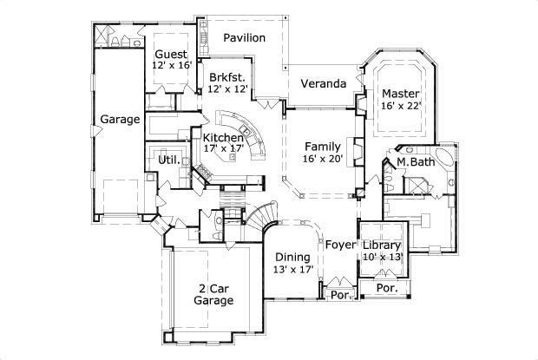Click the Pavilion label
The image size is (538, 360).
pyautogui.click(x=245, y=38)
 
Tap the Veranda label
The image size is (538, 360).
pyautogui.click(x=324, y=84)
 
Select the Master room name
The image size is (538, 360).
pyautogui.click(x=401, y=94)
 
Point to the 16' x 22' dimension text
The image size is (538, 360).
pyautogui.click(x=401, y=106)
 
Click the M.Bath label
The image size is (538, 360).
pyautogui.click(x=416, y=162)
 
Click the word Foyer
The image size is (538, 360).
pyautogui.click(x=341, y=245)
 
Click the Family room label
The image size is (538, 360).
pyautogui.click(x=324, y=146)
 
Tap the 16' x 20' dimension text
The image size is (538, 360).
pyautogui.click(x=324, y=158)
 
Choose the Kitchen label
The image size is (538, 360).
pyautogui.click(x=223, y=137)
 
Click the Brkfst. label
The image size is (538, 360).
pyautogui.click(x=227, y=76)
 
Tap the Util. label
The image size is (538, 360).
pyautogui.click(x=168, y=160)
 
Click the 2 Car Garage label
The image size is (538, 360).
pyautogui.click(x=213, y=294)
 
